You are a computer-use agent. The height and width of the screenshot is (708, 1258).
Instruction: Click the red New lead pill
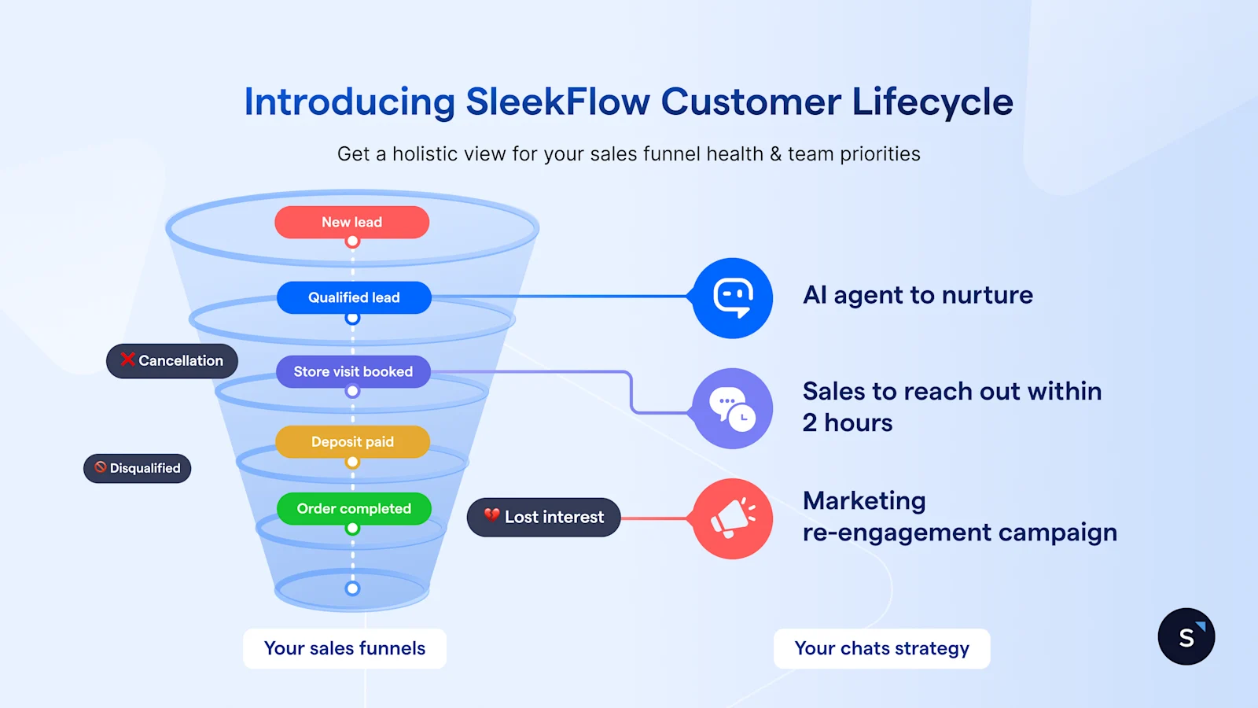click(x=351, y=223)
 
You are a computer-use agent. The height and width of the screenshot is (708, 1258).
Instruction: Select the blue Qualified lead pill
click(x=354, y=297)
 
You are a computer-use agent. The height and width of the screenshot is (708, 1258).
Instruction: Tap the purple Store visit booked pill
click(x=353, y=371)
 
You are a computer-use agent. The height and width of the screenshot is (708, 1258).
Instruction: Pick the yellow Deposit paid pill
click(x=352, y=441)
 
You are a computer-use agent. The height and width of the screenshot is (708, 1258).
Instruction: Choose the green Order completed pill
click(x=354, y=508)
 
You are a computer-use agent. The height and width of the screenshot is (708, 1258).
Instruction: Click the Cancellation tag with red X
click(x=172, y=361)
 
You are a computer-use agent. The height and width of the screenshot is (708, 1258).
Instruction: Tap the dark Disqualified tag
click(x=138, y=468)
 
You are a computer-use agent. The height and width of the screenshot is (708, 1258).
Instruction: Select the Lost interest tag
click(x=544, y=517)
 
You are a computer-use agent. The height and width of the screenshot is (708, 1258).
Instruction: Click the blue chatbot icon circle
click(x=733, y=298)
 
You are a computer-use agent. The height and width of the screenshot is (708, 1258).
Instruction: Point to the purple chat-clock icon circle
click(x=733, y=408)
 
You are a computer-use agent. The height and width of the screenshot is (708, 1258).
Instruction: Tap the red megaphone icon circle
click(x=733, y=518)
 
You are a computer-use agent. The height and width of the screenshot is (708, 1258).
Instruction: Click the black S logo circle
click(x=1186, y=636)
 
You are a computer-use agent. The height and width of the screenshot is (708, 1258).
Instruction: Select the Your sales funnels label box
click(x=344, y=648)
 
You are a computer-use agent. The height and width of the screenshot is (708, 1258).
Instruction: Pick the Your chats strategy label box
click(x=881, y=648)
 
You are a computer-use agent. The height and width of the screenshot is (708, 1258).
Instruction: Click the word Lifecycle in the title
click(x=932, y=102)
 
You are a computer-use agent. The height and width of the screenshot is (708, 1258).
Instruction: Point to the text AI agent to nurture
click(x=918, y=295)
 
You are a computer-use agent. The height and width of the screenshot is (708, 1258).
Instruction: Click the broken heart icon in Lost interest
click(x=492, y=515)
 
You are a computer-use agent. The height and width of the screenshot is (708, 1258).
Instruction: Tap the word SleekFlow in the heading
click(x=557, y=102)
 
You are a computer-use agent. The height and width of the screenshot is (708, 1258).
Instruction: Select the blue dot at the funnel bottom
click(x=352, y=588)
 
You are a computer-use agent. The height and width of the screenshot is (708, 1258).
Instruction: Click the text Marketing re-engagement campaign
click(x=959, y=517)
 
